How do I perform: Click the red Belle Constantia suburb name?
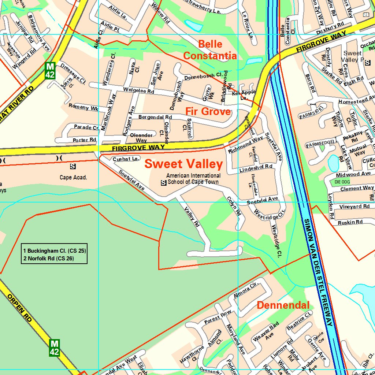210,50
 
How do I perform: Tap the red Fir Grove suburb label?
208,111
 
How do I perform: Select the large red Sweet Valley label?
183,164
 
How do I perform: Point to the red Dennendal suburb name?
283,305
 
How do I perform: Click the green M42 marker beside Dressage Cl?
50,70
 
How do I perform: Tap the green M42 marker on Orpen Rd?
54,348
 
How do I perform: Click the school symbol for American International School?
164,182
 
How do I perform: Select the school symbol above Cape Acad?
73,167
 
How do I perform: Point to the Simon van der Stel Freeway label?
318,273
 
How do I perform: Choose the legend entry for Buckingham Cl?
54,251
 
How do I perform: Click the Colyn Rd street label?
234,207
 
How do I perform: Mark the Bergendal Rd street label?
155,117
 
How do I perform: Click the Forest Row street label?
218,317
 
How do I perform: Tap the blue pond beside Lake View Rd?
334,163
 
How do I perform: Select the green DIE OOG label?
342,182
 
